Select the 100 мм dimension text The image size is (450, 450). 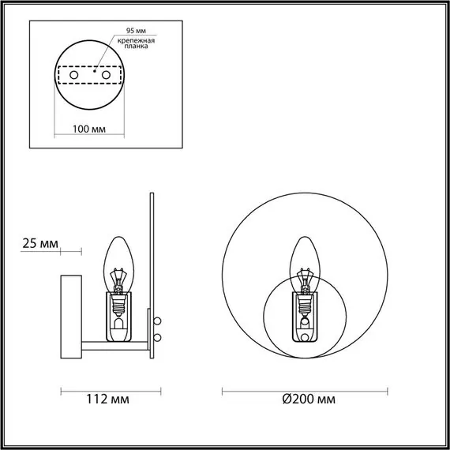tap(89, 129)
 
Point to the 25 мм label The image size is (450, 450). tap(39, 243)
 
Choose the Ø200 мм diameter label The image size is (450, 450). tap(308, 399)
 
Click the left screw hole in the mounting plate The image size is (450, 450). tap(74, 74)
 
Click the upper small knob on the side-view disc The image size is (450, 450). tap(157, 321)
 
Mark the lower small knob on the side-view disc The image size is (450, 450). tap(157, 338)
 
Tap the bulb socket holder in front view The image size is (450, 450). tap(304, 315)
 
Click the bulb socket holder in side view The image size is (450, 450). tap(119, 316)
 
